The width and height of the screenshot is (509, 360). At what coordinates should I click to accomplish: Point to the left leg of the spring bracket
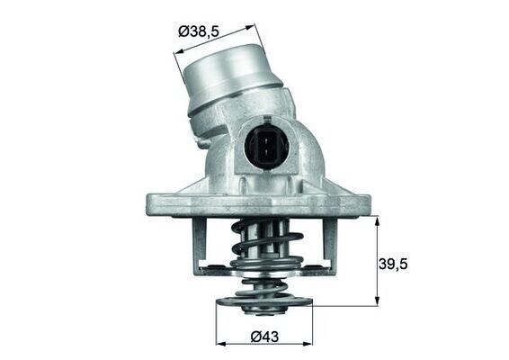(199, 247)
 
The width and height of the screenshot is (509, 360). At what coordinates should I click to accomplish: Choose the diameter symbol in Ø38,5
(184, 32)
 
